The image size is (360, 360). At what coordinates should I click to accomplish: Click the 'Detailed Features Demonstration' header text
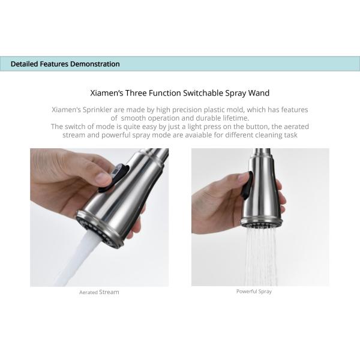[x=65, y=64]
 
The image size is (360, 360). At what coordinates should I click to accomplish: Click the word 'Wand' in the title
[x=259, y=93]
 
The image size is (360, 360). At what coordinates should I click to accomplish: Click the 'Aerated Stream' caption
[x=99, y=292]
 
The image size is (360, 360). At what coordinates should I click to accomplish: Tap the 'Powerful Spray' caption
[x=254, y=292]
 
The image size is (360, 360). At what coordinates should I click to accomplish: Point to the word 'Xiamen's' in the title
[x=106, y=93]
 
